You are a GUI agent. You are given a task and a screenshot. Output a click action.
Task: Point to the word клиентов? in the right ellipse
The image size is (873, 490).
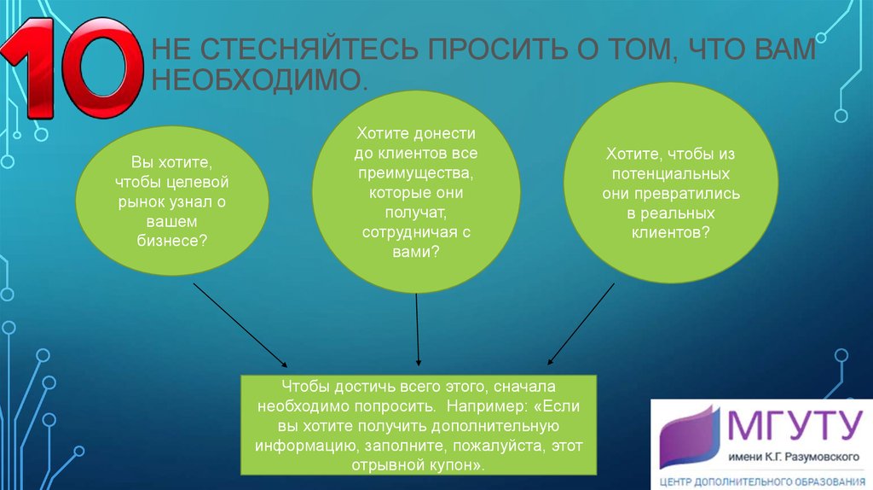[670, 232]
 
